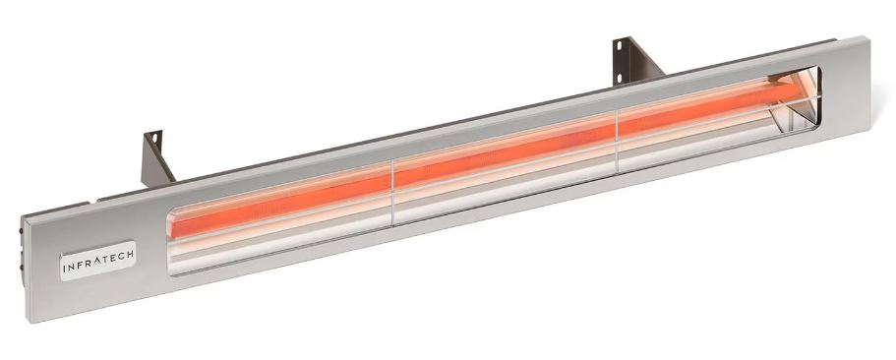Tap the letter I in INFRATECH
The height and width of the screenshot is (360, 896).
(65, 266)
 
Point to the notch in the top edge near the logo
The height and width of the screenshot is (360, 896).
(98, 202)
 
